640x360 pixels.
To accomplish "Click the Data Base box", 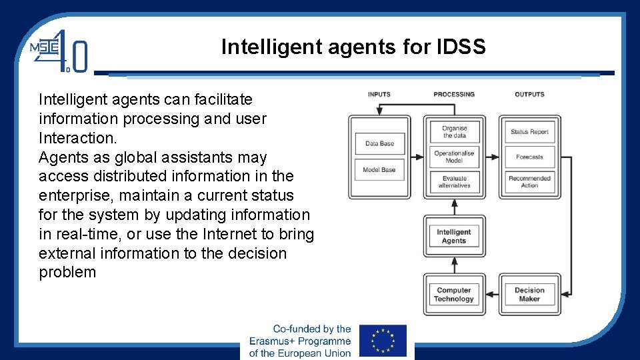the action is (x=379, y=143).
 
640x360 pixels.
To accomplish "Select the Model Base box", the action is (x=379, y=169).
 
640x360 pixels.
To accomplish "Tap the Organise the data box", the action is (x=454, y=131).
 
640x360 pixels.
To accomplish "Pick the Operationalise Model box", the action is (x=454, y=157).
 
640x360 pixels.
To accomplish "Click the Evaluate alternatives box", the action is (x=454, y=181).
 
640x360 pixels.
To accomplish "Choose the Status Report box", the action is (x=529, y=131).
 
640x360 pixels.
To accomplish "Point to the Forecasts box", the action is (x=529, y=157).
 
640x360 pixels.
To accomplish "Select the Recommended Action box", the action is (x=529, y=181).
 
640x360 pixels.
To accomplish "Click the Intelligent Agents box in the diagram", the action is (x=454, y=236).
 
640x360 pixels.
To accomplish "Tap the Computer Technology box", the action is (x=454, y=295).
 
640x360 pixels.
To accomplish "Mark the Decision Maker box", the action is (x=529, y=295).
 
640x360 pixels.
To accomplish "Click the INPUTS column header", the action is (x=379, y=95).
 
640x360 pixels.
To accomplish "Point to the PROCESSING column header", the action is (x=454, y=95).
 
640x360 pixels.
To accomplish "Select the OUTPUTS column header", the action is (x=529, y=95).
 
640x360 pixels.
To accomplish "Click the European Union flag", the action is (x=383, y=341).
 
